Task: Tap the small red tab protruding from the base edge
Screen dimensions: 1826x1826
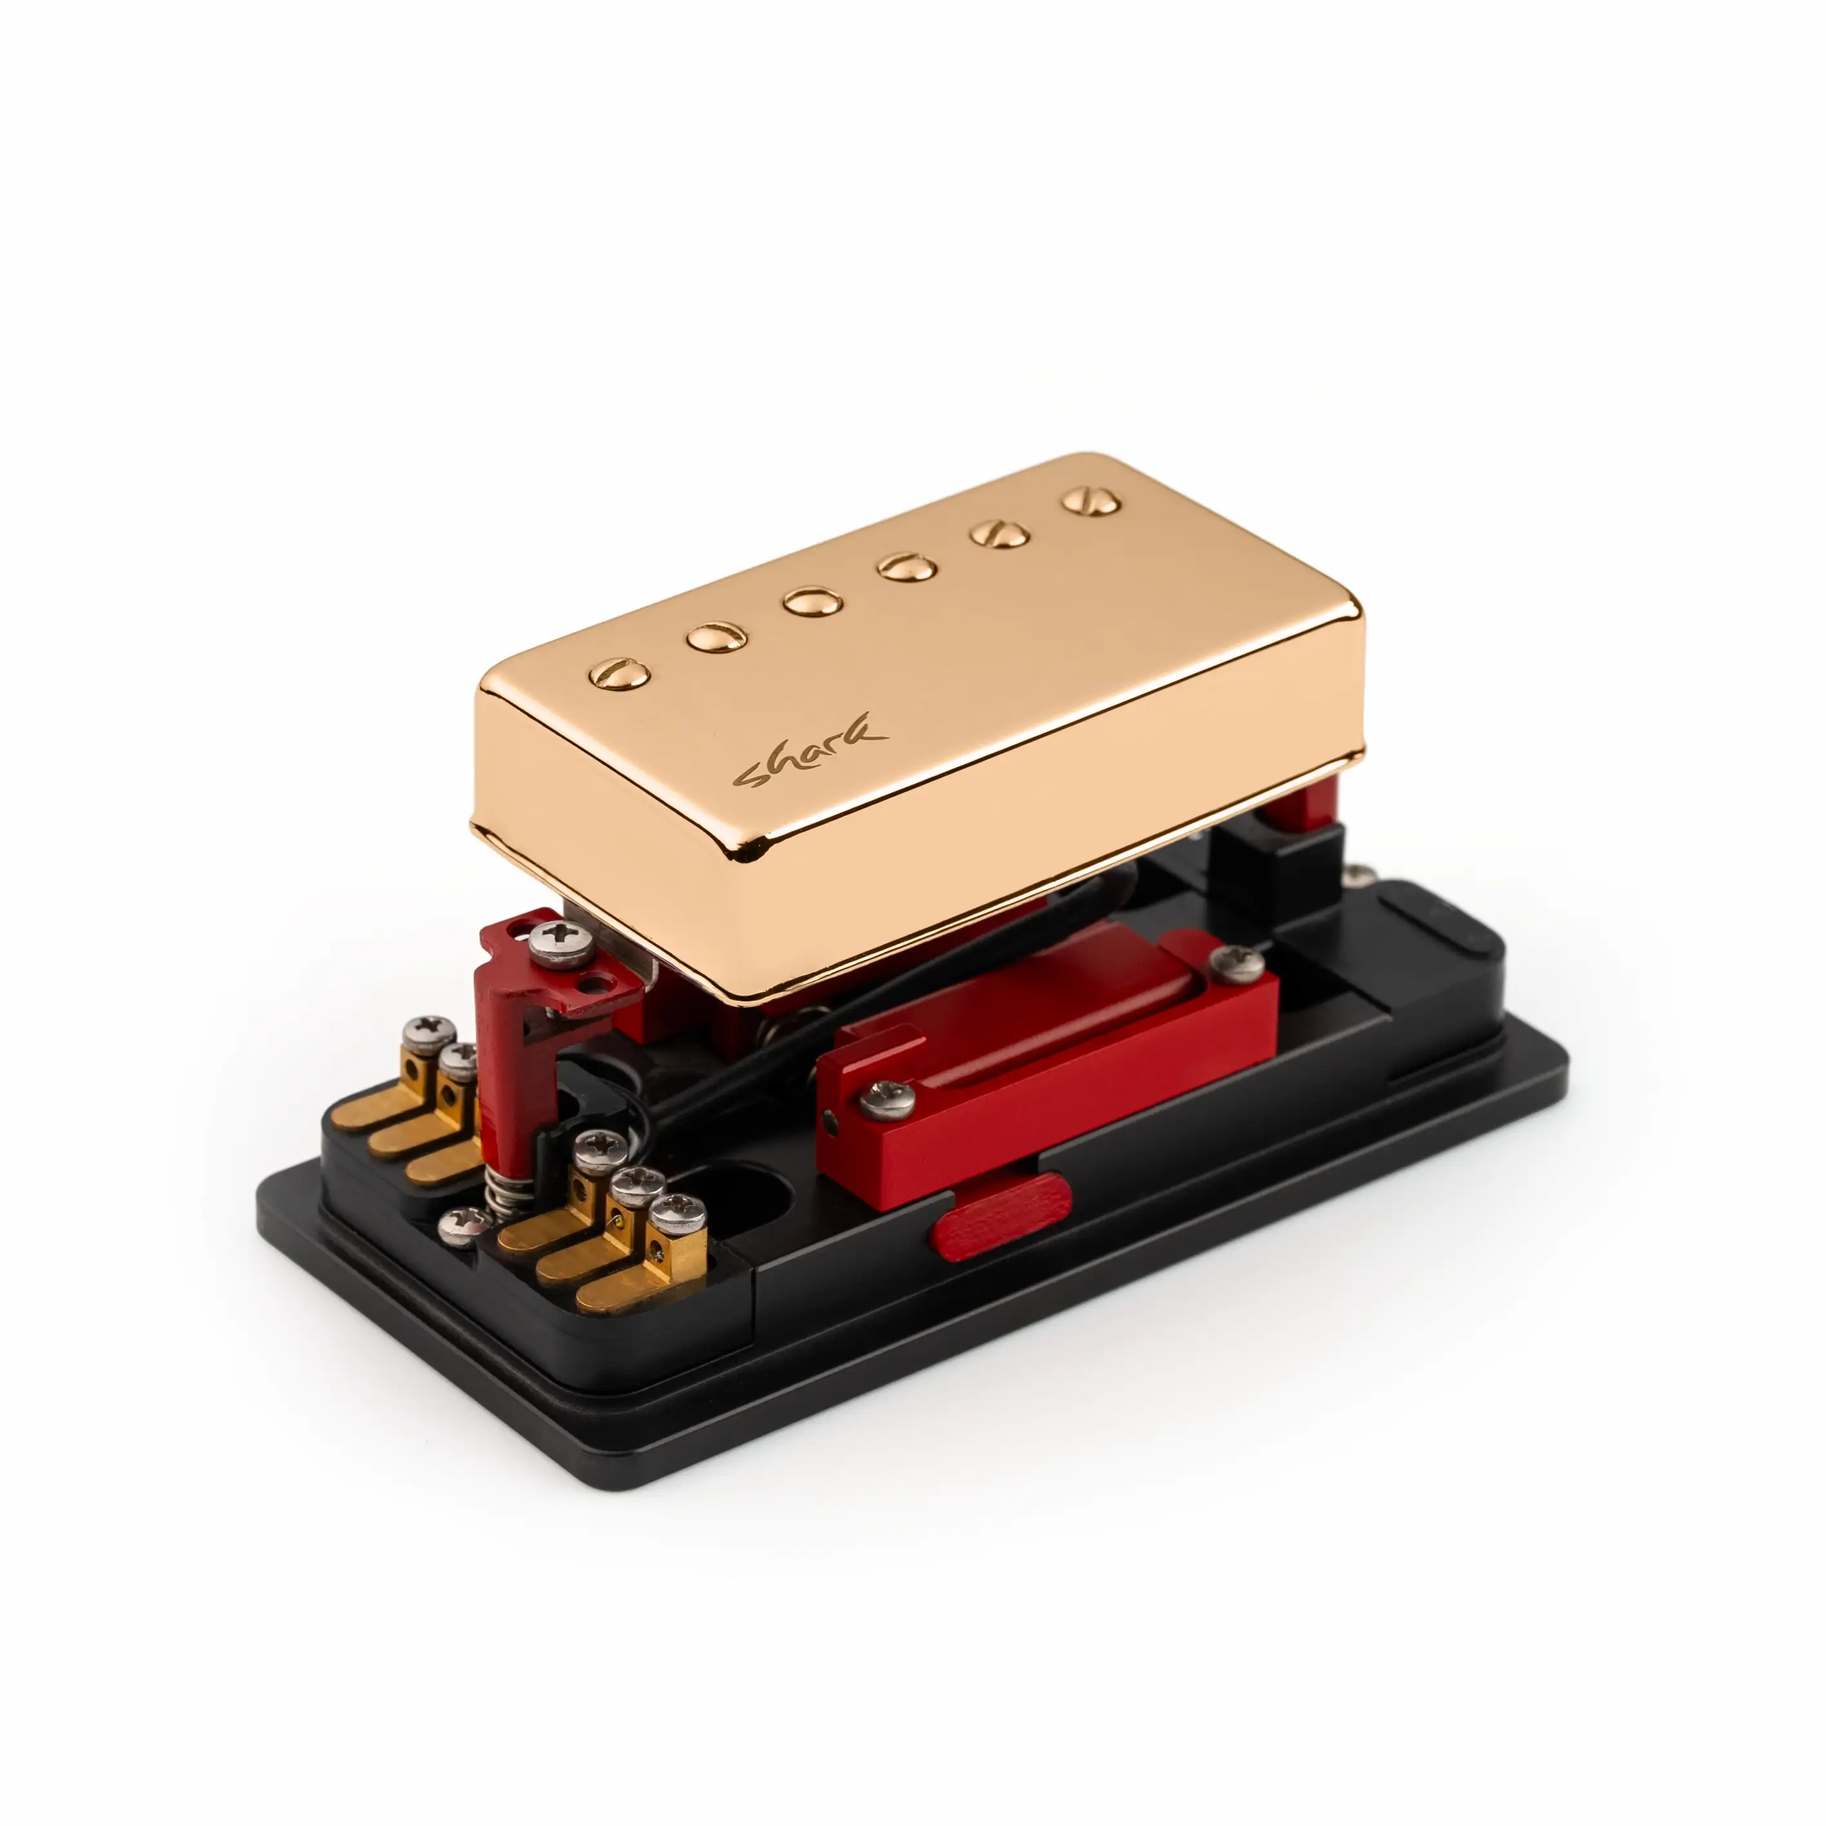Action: pos(1002,1217)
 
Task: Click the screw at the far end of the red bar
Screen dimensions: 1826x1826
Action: pos(1237,964)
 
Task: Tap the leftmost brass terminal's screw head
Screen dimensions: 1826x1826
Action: pos(428,1030)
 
